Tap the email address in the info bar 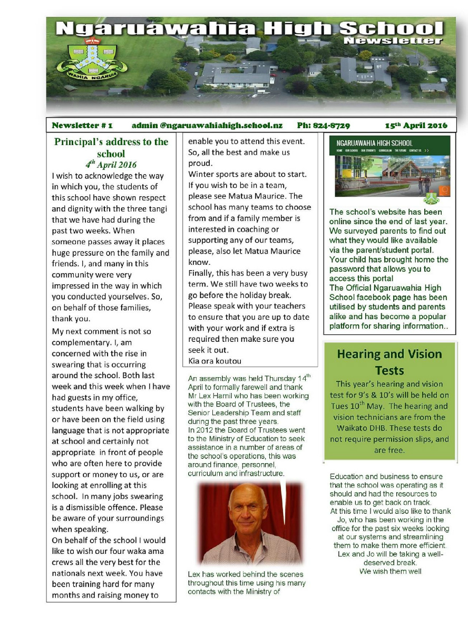click(207, 126)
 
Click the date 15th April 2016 click(416, 126)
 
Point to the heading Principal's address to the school click(111, 147)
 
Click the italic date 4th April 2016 click(111, 164)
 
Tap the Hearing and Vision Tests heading click(389, 362)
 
